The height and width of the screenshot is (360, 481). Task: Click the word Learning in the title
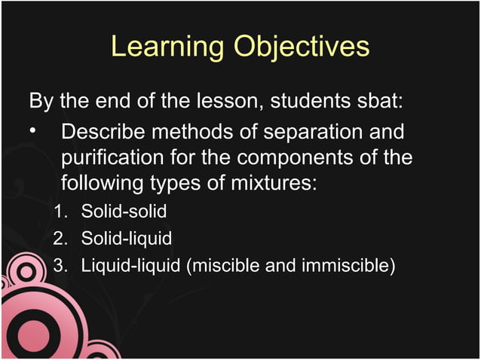point(167,47)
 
